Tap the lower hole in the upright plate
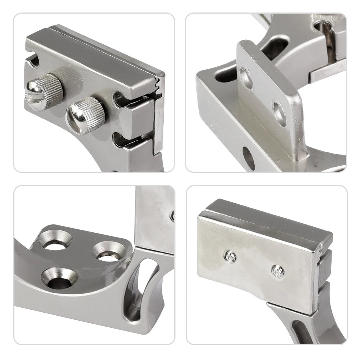280,113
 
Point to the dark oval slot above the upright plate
275,47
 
